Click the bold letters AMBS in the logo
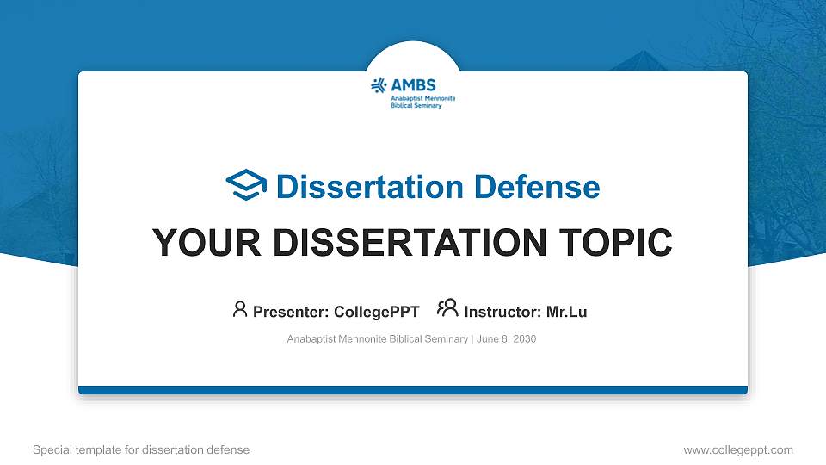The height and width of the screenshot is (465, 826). tap(413, 84)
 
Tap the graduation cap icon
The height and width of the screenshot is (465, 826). tap(246, 186)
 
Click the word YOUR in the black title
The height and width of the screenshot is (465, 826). tap(200, 243)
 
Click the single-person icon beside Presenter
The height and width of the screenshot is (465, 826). tap(240, 310)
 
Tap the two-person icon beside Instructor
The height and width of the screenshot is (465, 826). tap(447, 309)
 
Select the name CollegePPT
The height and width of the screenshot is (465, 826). tap(376, 312)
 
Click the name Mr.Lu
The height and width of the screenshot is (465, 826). tap(566, 312)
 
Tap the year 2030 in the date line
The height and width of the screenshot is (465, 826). tap(524, 339)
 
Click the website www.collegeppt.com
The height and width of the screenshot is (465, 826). tap(737, 449)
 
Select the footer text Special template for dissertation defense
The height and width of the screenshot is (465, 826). tap(141, 449)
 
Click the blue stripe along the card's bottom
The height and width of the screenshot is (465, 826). tap(413, 390)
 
